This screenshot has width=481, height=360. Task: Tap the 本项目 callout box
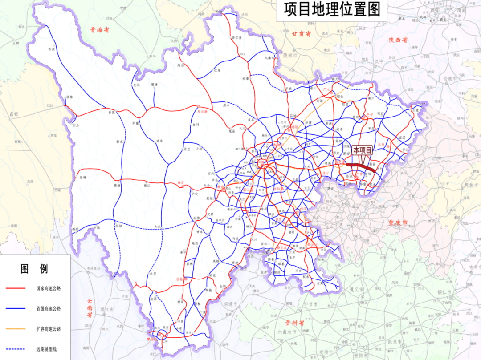pos(362,150)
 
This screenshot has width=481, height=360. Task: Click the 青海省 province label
pos(99,30)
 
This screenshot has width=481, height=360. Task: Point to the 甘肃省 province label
pos(302,34)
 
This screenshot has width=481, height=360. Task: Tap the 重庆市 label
pos(399,222)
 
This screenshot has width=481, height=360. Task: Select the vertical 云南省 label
pos(89,307)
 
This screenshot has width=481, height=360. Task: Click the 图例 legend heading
pos(34,269)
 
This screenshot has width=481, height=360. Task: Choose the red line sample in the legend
pos(15,288)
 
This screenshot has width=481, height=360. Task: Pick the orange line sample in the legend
pos(15,329)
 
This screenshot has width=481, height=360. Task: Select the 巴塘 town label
pos(82,178)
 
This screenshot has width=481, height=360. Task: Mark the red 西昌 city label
pos(180,279)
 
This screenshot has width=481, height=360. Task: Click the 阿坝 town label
pos(180,65)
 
